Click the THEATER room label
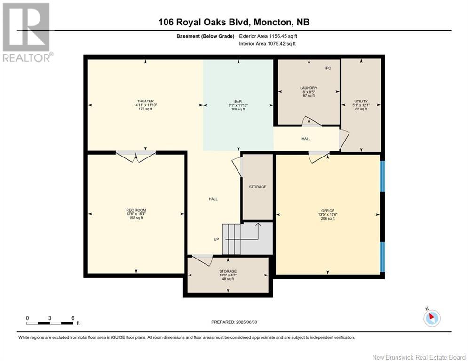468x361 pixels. pos(145,101)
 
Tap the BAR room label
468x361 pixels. pos(238,102)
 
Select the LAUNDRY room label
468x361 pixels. pos(309,88)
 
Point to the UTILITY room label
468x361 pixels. pos(361,101)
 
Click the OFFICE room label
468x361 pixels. pos(328,211)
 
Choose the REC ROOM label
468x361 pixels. pos(136,210)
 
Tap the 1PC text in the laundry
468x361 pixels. pos(327,68)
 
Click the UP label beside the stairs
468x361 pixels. pos(216,239)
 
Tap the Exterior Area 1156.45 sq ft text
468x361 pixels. pos(268,36)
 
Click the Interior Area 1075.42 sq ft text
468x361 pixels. pos(268,44)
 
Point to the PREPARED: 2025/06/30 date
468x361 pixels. pos(234,322)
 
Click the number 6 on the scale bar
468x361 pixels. pos(73,318)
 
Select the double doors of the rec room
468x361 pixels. pos(136,156)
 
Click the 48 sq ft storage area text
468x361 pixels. pos(228,279)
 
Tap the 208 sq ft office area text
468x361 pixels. pos(328,219)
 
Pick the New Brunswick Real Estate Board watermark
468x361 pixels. pos(419,357)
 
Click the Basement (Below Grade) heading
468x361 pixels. pos(206,36)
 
